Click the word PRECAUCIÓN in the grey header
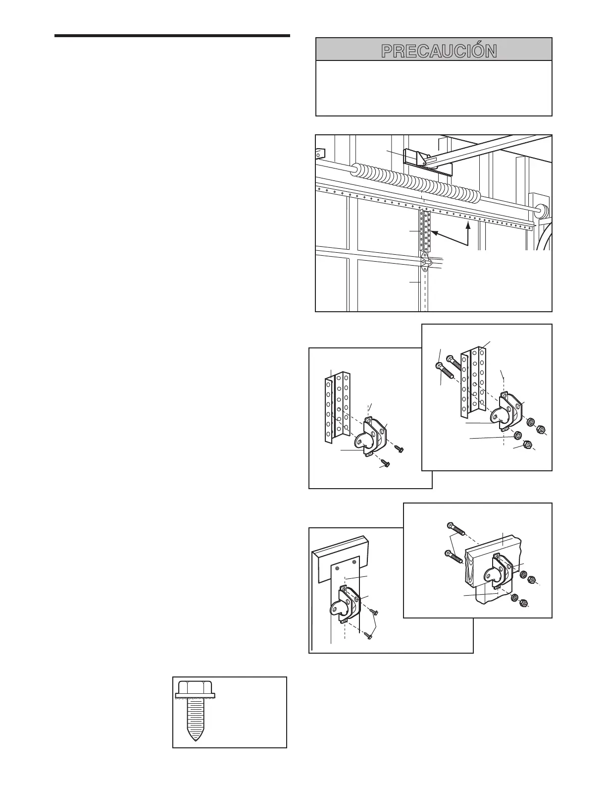(439, 51)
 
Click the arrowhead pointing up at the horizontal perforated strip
(468, 225)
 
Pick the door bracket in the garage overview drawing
(425, 261)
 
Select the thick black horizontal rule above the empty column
(172, 36)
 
